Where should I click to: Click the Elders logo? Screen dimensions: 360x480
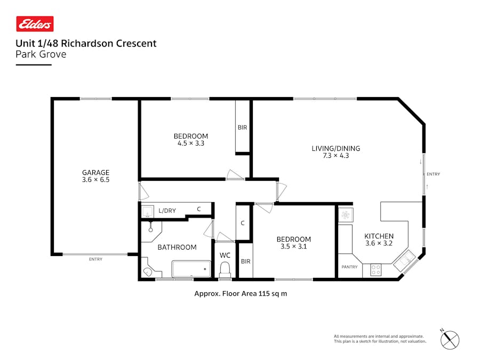pyautogui.click(x=35, y=24)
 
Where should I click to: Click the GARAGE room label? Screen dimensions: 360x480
pyautogui.click(x=95, y=172)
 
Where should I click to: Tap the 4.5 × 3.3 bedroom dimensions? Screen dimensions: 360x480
pyautogui.click(x=191, y=143)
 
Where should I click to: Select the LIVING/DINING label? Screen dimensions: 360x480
pyautogui.click(x=336, y=148)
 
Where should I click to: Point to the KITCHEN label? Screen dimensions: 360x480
pyautogui.click(x=379, y=236)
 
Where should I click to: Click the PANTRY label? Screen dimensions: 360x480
pyautogui.click(x=349, y=266)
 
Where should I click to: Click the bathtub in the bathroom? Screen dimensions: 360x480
pyautogui.click(x=191, y=268)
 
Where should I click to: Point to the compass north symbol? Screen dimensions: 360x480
pyautogui.click(x=450, y=339)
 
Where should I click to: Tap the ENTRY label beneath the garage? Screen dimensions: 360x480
pyautogui.click(x=95, y=259)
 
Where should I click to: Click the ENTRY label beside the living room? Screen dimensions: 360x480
pyautogui.click(x=433, y=174)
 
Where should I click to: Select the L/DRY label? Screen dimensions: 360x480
pyautogui.click(x=167, y=211)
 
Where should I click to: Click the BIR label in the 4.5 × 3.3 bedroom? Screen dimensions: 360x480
pyautogui.click(x=242, y=127)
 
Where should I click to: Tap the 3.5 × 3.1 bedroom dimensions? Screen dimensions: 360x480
pyautogui.click(x=293, y=246)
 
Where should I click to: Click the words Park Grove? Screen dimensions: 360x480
pyautogui.click(x=41, y=54)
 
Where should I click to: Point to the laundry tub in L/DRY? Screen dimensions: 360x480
pyautogui.click(x=147, y=211)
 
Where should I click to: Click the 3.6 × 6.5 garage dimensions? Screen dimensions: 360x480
pyautogui.click(x=95, y=180)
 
